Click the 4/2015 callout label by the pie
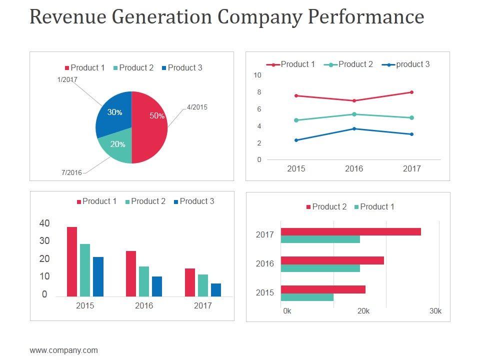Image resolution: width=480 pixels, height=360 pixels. [x=197, y=107]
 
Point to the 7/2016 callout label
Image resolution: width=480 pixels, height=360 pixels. [x=71, y=172]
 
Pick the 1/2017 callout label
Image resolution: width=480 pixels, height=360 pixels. [x=67, y=79]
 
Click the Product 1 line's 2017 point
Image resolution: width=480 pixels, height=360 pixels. [x=411, y=92]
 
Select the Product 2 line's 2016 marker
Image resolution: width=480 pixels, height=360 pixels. [x=354, y=114]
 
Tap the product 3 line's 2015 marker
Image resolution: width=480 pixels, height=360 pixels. [x=296, y=140]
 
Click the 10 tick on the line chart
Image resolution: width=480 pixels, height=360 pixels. [x=257, y=75]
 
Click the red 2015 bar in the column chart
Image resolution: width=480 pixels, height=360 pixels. [x=72, y=261]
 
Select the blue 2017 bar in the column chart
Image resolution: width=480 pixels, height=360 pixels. [x=216, y=290]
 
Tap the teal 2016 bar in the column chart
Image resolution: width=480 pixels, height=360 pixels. [x=144, y=281]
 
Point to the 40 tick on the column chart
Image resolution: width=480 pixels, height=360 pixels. [x=44, y=223]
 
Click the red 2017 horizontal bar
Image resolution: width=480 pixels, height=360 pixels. [x=350, y=231]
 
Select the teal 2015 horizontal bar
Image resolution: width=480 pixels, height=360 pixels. [x=307, y=297]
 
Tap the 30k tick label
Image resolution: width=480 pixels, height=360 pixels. [x=435, y=311]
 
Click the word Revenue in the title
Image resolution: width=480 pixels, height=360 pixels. [x=67, y=17]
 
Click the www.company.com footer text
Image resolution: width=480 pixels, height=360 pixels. [x=64, y=350]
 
